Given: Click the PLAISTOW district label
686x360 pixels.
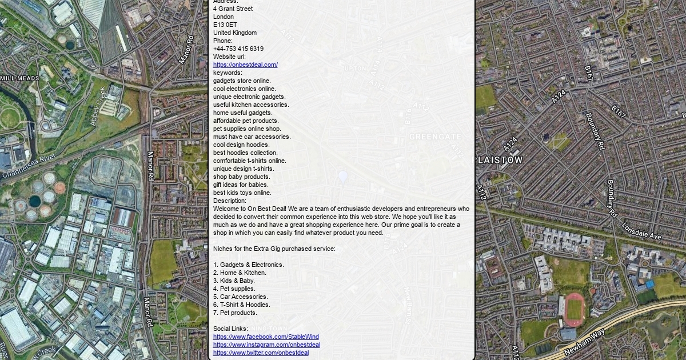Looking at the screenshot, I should [499, 161].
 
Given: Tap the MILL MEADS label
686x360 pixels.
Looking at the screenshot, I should [20, 78].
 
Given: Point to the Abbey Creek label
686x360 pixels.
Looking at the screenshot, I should [98, 106].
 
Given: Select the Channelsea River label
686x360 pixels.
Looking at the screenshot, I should [29, 166].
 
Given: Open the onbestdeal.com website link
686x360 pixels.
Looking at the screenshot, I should [245, 65].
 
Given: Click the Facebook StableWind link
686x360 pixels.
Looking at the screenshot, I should [266, 337].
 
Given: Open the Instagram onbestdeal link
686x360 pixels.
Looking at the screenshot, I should [266, 345].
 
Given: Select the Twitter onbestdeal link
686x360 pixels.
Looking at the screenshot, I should [261, 353].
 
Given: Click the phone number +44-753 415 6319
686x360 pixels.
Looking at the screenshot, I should [238, 49].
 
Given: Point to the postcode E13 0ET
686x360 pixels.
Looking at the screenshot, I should [225, 25].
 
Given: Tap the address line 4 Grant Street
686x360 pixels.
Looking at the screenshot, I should [233, 9].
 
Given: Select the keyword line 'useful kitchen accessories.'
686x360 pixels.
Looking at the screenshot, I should [251, 105].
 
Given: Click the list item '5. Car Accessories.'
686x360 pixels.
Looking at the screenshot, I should [240, 297].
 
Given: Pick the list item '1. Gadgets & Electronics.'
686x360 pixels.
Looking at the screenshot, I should [248, 265].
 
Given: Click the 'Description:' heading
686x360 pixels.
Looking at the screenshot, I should [230, 201].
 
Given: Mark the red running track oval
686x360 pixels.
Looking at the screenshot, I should [575, 309].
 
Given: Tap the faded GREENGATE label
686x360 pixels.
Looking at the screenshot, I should [435, 137].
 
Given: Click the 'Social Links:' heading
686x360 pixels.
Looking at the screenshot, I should [230, 329].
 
